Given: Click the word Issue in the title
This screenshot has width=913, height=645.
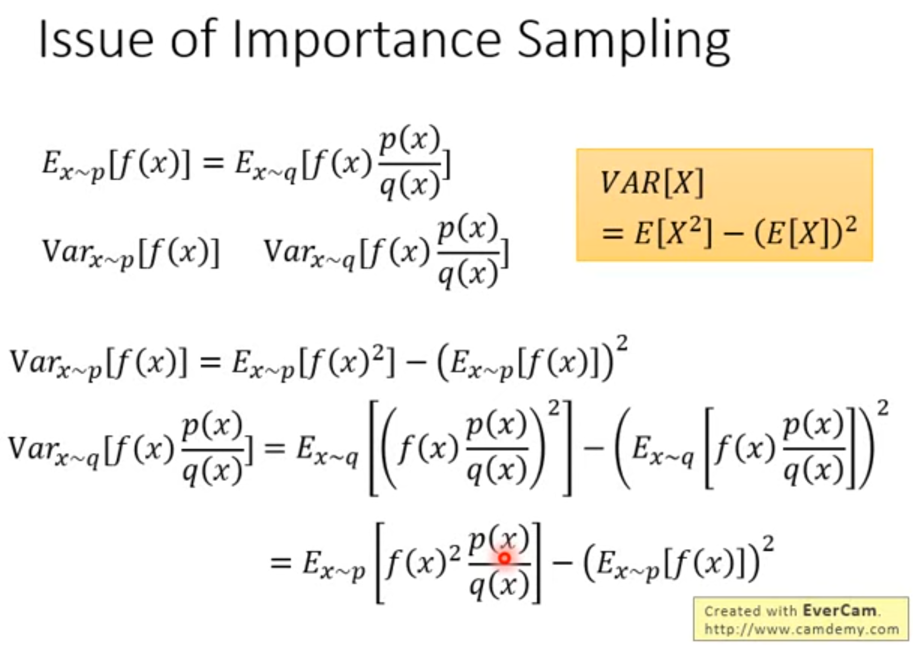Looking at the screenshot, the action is [96, 39].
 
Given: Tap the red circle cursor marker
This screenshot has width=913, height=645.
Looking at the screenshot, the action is [504, 558].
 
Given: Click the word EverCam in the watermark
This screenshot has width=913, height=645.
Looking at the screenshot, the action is [839, 610].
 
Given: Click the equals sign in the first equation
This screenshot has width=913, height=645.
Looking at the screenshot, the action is [213, 164].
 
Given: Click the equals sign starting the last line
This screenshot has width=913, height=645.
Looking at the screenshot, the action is [281, 563].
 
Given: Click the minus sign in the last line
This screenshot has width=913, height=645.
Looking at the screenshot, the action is [562, 563].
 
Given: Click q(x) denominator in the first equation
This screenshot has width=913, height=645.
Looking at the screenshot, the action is [410, 185].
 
